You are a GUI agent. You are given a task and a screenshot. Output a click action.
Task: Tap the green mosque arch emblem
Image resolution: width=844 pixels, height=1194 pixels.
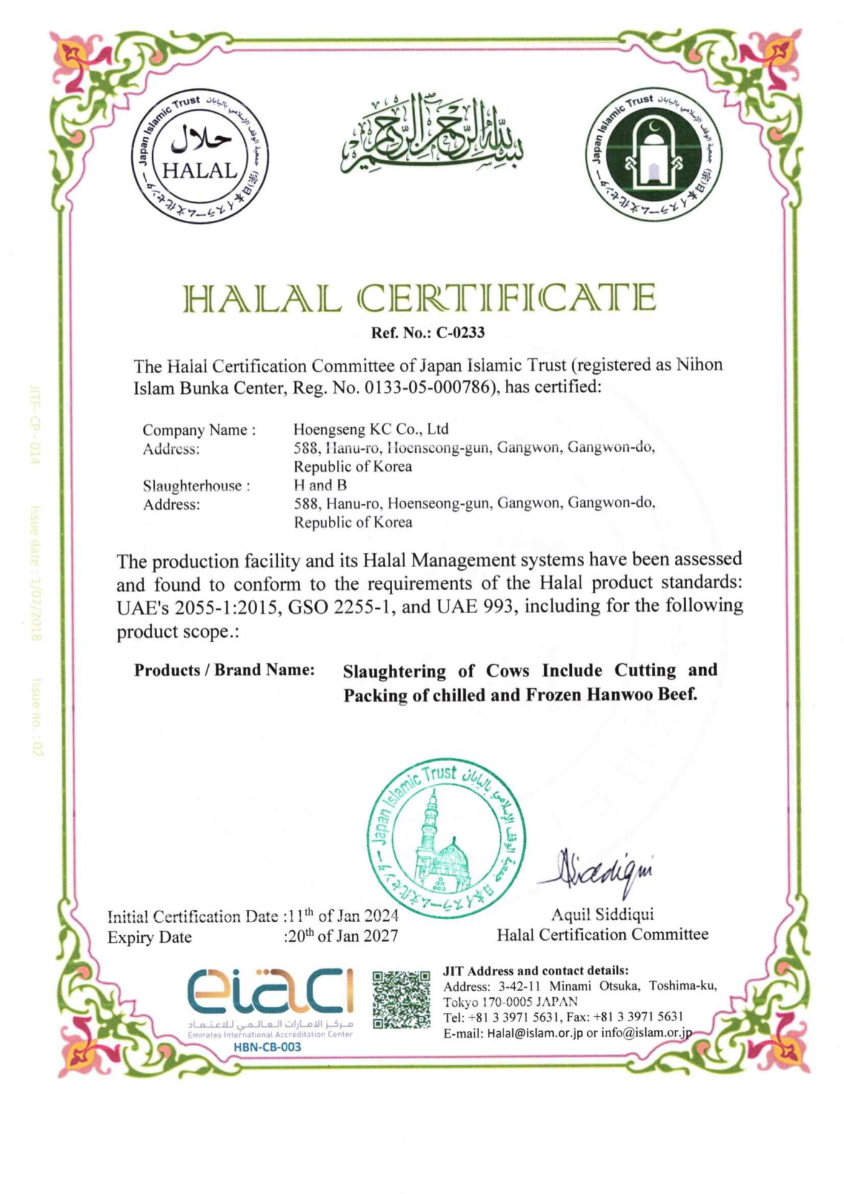654,154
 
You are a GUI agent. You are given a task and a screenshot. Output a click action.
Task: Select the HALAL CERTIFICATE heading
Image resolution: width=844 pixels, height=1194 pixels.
421,298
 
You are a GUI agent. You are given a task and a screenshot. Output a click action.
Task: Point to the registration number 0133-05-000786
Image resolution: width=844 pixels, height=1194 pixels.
428,387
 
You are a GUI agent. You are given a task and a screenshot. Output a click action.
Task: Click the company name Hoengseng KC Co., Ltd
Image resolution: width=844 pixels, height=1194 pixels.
370,429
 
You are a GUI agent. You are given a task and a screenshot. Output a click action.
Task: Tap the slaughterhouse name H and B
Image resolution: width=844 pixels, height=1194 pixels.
320,485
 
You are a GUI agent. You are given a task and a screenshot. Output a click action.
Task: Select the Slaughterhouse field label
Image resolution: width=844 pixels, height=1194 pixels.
196,486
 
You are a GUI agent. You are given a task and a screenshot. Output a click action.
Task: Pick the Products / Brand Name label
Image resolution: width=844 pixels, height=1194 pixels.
224,670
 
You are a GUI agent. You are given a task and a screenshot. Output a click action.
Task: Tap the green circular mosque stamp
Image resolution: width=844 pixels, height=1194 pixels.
446,838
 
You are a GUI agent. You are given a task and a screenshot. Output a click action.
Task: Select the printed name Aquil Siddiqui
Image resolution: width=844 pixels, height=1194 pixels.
602,914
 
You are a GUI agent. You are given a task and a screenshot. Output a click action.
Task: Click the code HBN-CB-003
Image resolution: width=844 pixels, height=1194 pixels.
267,1047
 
